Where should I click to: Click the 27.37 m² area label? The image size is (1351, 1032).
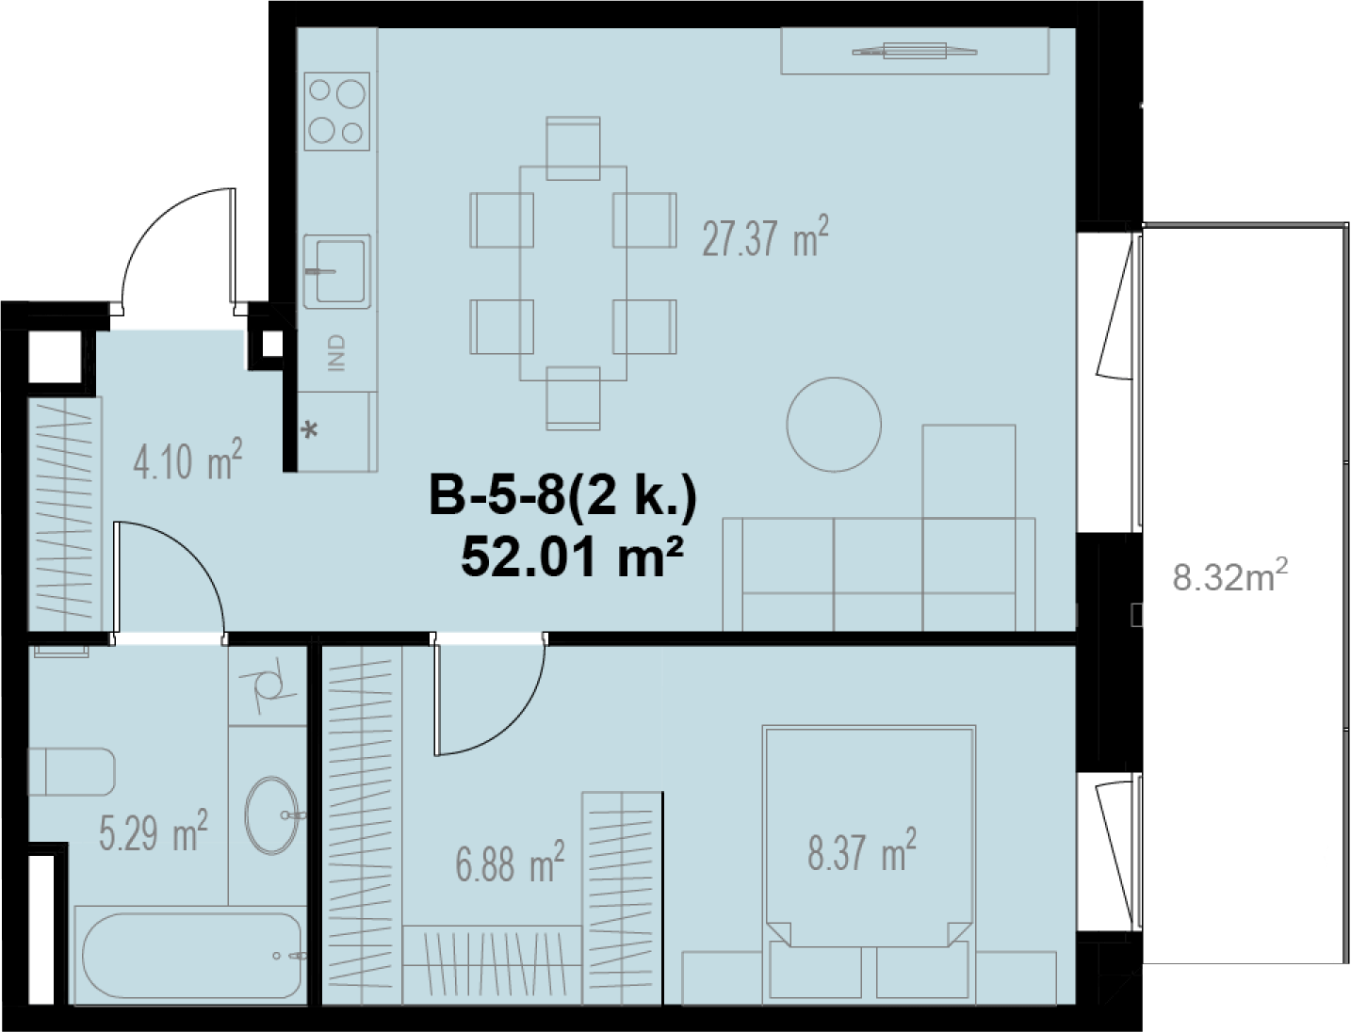765,236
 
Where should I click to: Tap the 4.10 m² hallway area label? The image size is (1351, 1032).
187,460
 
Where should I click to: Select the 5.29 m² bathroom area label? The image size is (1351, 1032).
154,830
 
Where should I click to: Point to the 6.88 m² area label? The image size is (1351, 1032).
510,862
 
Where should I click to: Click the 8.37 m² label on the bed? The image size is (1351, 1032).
862,850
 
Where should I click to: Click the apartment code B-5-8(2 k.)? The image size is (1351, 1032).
562,497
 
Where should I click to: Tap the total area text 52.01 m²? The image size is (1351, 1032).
573,557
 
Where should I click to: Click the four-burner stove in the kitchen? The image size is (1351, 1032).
336,111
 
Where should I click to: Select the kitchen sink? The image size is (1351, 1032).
336,271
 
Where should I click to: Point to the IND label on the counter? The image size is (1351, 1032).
336,352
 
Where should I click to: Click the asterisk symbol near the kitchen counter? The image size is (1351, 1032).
312,430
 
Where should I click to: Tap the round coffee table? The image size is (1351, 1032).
834,425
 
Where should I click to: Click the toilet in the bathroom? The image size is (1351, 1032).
71,771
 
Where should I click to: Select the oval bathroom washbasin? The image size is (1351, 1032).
271,815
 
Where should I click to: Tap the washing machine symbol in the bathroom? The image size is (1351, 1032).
269,685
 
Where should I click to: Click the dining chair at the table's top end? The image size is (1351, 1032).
573,148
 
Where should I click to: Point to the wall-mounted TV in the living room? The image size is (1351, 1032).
915,51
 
